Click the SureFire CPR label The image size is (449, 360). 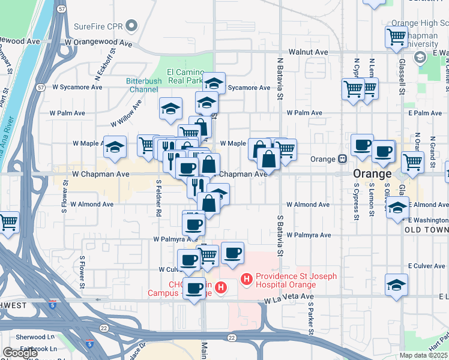(98, 26)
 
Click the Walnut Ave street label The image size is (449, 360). (308, 52)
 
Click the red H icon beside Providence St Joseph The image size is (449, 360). (246, 279)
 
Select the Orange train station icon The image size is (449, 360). (342, 160)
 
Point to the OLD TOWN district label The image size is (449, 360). (423, 230)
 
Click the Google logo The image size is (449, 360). (20, 353)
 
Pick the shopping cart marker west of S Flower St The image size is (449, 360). (8, 223)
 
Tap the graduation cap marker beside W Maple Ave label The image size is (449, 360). (114, 148)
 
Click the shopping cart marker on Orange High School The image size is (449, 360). (397, 37)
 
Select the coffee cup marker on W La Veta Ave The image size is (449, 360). (194, 289)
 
